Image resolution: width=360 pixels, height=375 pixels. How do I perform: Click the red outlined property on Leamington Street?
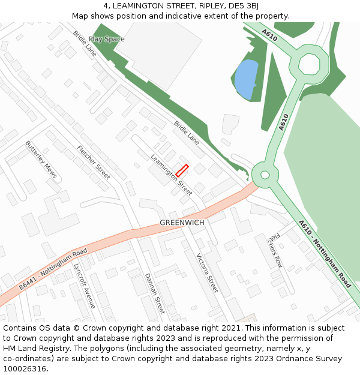point(182,170)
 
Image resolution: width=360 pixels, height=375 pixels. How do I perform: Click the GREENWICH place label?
point(182,223)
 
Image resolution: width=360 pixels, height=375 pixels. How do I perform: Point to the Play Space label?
point(107,39)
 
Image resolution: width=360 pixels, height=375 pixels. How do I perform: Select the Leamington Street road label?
point(171,175)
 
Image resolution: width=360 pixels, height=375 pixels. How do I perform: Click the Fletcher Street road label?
point(94,163)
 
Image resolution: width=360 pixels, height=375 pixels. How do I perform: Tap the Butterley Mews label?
point(41,160)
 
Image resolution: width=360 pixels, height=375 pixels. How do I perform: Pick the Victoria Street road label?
point(208,272)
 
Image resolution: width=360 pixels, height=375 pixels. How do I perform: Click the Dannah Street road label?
point(154,293)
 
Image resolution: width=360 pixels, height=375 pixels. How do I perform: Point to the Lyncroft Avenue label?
point(84,286)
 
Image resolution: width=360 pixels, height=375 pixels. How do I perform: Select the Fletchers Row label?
point(275,249)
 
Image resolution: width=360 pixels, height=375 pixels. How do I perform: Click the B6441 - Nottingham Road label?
point(53,269)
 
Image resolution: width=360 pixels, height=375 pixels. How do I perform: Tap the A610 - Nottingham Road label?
point(325,253)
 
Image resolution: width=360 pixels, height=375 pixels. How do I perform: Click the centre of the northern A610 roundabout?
point(310,63)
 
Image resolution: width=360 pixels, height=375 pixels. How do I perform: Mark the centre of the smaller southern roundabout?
point(265,175)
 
